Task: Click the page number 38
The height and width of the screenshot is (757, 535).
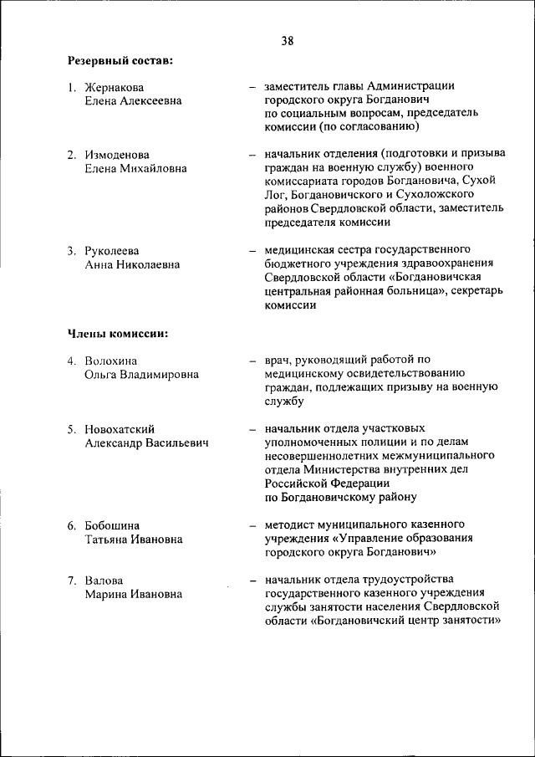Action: (288, 40)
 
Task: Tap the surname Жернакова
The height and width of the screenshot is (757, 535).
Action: (115, 87)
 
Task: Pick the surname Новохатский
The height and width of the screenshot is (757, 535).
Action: (120, 429)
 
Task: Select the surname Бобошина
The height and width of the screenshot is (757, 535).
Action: (112, 525)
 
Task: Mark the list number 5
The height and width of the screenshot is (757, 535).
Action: (72, 429)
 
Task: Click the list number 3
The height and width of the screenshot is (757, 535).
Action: (72, 250)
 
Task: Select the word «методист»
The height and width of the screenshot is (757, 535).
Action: (289, 525)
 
